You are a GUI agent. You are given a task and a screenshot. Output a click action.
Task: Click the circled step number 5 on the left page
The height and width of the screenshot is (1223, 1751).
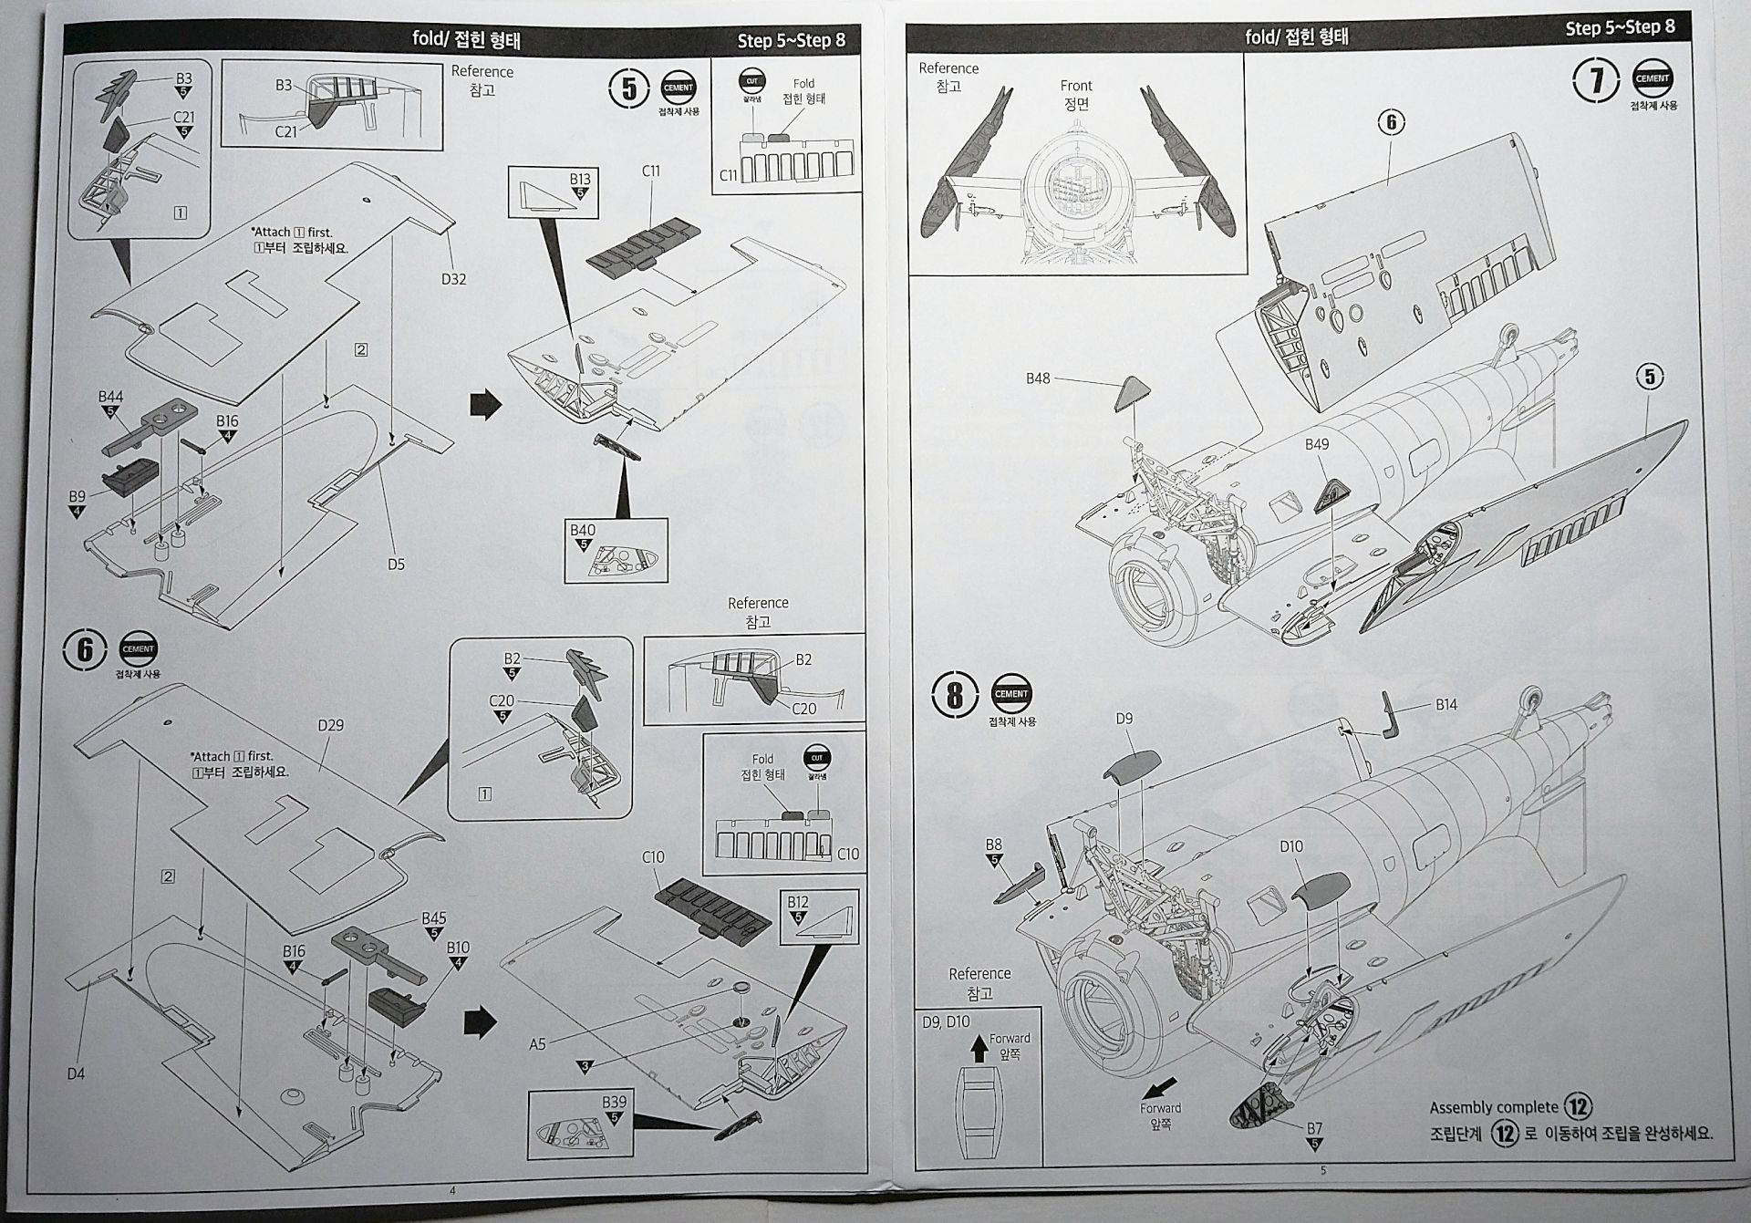point(628,89)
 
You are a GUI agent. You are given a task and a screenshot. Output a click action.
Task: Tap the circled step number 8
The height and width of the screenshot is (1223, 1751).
point(955,696)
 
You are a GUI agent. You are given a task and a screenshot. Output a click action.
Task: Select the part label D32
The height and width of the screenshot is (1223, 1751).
point(453,279)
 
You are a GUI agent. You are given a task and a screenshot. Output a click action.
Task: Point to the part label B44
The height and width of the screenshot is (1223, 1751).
point(111,397)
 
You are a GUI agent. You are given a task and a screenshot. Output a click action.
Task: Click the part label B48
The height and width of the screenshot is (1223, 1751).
point(1038,378)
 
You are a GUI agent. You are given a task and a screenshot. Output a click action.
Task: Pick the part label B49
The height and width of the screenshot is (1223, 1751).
point(1316,444)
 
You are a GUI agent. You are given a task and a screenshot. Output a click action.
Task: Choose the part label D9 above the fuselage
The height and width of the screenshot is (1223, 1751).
point(1124,719)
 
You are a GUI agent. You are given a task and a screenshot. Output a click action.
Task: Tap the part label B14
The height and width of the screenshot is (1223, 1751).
point(1446,704)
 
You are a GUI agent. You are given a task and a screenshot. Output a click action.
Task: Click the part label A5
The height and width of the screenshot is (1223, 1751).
point(537,1044)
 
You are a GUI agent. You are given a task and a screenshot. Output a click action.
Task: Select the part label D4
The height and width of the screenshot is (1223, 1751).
point(76,1073)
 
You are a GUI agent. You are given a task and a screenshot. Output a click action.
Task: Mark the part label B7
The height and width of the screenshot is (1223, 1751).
point(1314,1128)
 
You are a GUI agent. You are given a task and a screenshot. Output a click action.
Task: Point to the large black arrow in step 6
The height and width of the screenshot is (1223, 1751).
point(480,1023)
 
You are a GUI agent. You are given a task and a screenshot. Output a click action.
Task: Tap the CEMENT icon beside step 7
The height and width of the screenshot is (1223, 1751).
point(1652,79)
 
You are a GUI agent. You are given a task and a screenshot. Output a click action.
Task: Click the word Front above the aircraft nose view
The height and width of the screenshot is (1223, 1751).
point(1076,86)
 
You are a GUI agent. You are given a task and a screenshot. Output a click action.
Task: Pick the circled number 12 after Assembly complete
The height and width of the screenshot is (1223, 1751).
point(1577,1107)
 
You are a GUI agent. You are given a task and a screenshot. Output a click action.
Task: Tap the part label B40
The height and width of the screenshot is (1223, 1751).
point(582,530)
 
